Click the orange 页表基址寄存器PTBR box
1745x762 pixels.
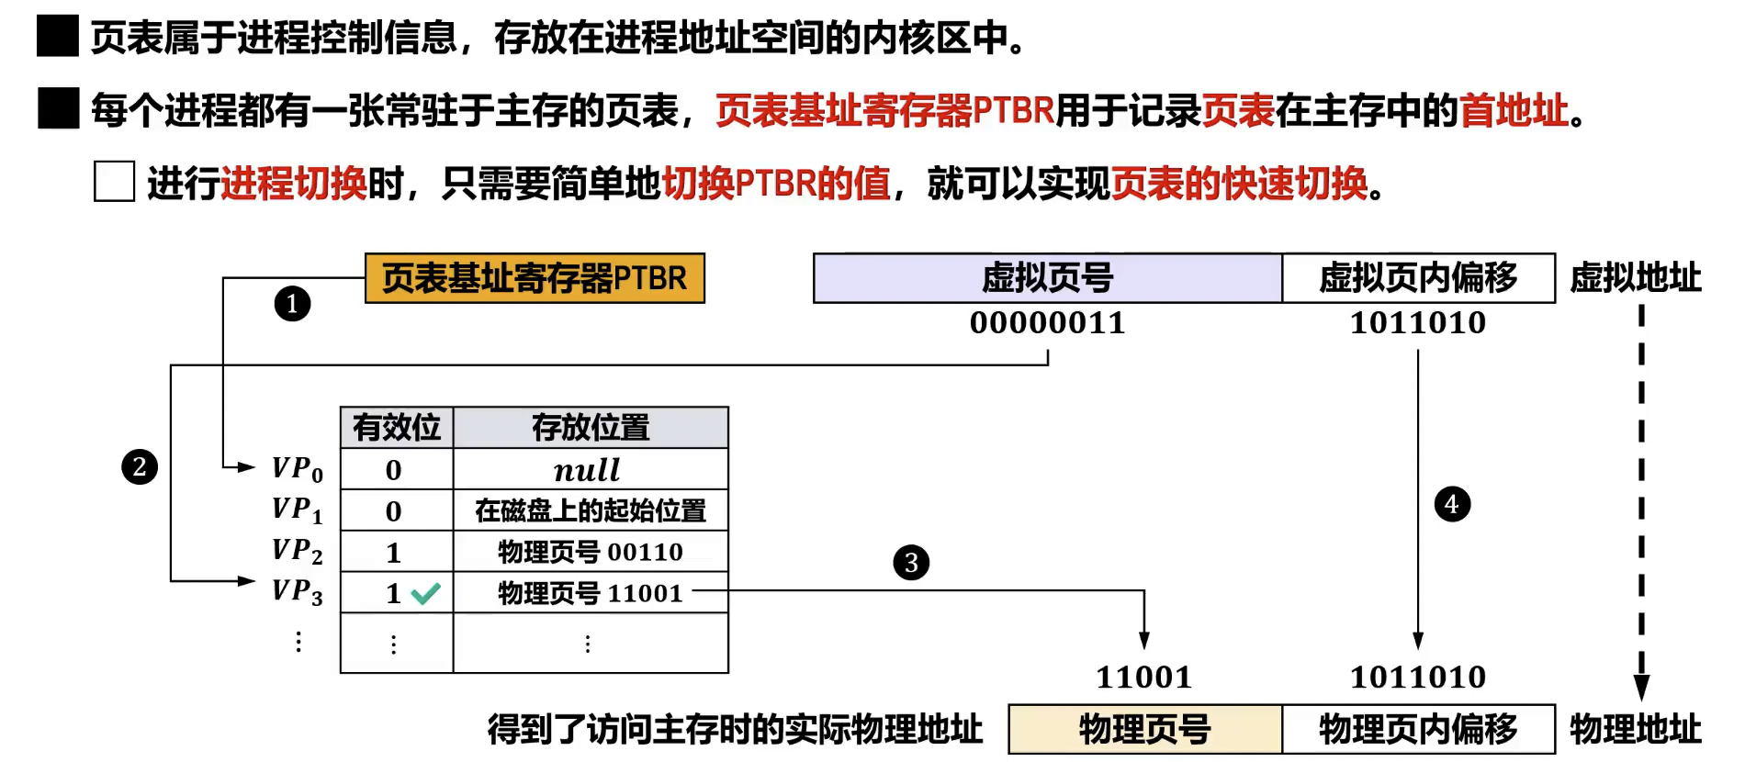tap(535, 278)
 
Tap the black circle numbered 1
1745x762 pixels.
tap(292, 304)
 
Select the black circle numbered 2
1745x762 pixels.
tap(140, 467)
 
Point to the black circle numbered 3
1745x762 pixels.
tap(911, 563)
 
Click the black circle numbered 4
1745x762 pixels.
tap(1452, 504)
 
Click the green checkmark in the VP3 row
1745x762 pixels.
tap(425, 594)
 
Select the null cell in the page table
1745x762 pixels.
tap(588, 470)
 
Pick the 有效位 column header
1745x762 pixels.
tap(397, 428)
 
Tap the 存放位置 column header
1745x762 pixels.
tap(590, 428)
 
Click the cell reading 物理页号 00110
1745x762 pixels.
tap(590, 552)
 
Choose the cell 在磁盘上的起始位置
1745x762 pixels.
tap(590, 510)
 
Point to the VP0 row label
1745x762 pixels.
tap(297, 469)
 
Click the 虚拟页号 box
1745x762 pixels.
tap(1047, 278)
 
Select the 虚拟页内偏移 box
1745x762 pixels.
tap(1418, 278)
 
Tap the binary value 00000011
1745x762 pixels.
tap(1047, 323)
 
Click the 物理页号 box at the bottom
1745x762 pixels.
tap(1144, 730)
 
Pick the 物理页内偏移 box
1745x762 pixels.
tap(1418, 730)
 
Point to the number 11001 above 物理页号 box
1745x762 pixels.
tap(1143, 678)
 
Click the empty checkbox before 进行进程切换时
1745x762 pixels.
tap(114, 182)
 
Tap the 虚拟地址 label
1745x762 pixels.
tap(1635, 278)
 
